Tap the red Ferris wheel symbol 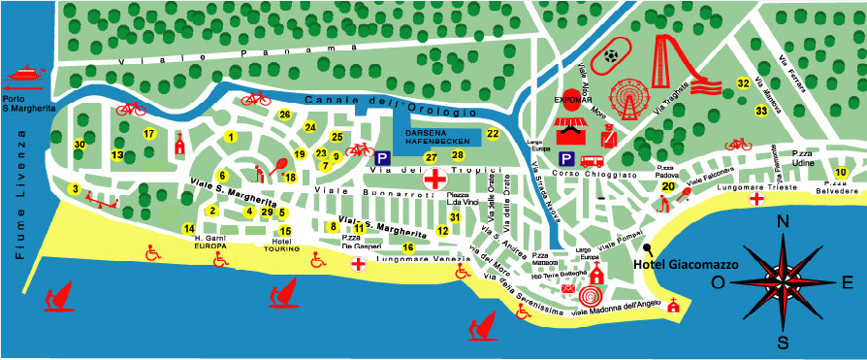point(627,97)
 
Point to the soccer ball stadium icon point(612,55)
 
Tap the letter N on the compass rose point(783,222)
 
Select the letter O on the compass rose point(719,282)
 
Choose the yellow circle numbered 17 point(149,134)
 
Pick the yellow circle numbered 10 point(841,173)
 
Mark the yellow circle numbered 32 point(743,83)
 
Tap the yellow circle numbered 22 point(493,134)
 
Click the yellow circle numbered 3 point(75,188)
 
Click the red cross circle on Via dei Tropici point(436,179)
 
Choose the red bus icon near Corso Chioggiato point(592,161)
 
